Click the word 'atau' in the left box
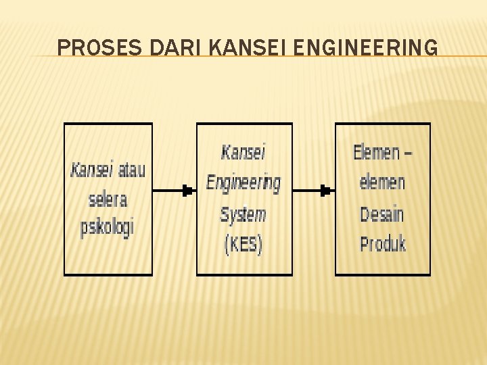click(131, 170)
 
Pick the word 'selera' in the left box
click(108, 199)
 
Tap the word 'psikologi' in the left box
click(108, 226)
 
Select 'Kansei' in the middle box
click(243, 152)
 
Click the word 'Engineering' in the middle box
click(243, 182)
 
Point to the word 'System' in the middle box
click(243, 215)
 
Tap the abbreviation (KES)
click(243, 244)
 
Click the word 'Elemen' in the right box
click(377, 153)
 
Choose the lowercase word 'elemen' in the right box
click(383, 182)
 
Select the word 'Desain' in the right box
click(382, 214)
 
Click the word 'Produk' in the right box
click(383, 244)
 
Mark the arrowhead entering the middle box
click(189, 191)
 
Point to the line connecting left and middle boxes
click(168, 191)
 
